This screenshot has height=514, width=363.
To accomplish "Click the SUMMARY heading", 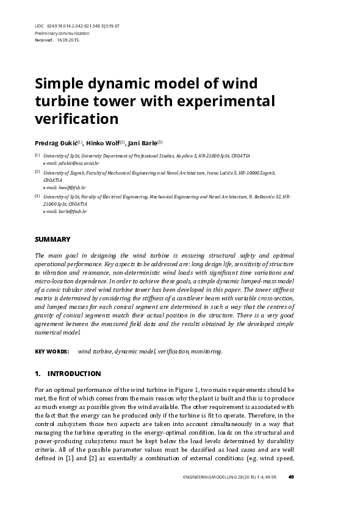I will (52, 239).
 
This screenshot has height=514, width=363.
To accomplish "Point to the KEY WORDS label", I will (51, 352).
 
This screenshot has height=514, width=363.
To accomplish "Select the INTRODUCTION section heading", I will (74, 374).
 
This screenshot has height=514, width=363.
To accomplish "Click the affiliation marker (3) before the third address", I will (37, 197).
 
